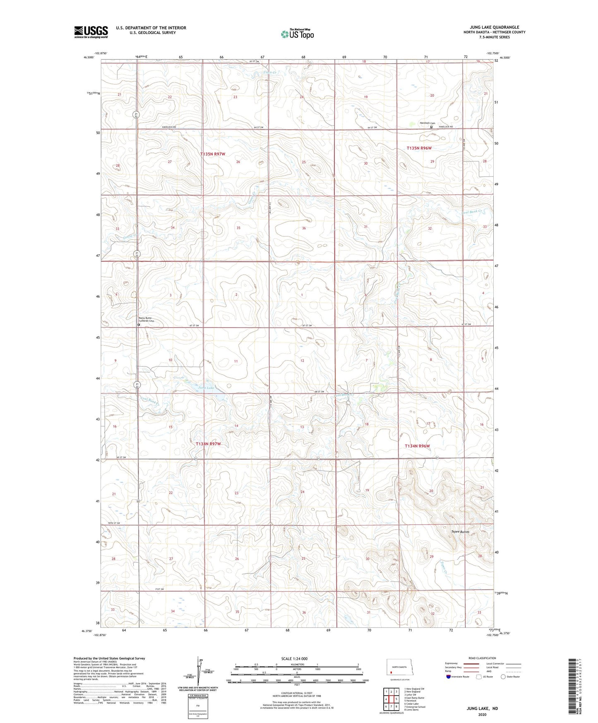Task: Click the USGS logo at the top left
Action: pyautogui.click(x=91, y=32)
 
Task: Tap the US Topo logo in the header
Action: pyautogui.click(x=297, y=34)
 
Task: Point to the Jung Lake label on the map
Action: pyautogui.click(x=207, y=388)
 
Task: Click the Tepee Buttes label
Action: pyautogui.click(x=460, y=532)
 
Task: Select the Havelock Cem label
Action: pyautogui.click(x=427, y=123)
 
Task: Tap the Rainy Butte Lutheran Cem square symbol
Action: pyautogui.click(x=139, y=325)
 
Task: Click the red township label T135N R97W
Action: pyautogui.click(x=213, y=154)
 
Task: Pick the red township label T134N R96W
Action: pyautogui.click(x=417, y=446)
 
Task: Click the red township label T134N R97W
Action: pyautogui.click(x=208, y=443)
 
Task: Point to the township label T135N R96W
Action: pyautogui.click(x=419, y=148)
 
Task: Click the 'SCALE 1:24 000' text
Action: pyautogui.click(x=294, y=658)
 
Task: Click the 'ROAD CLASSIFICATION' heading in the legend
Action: pyautogui.click(x=482, y=658)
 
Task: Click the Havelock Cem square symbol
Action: pyautogui.click(x=431, y=127)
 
